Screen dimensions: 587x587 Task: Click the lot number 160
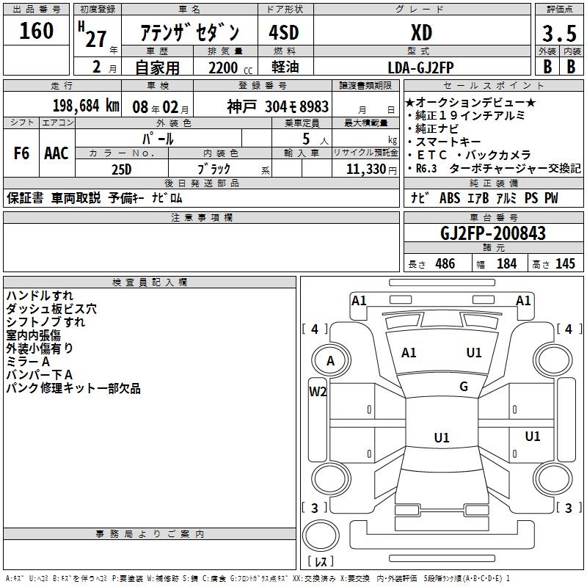pyautogui.click(x=37, y=32)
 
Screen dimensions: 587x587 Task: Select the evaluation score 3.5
pyautogui.click(x=558, y=34)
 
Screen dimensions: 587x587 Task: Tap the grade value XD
pyautogui.click(x=420, y=32)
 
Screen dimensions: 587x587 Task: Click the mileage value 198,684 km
pyautogui.click(x=87, y=105)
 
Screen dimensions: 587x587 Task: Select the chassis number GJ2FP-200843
pyautogui.click(x=493, y=233)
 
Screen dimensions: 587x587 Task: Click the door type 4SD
pyautogui.click(x=283, y=32)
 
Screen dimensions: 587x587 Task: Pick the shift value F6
pyautogui.click(x=21, y=153)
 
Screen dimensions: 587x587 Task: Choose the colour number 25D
pyautogui.click(x=121, y=168)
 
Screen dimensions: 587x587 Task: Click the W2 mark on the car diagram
pyautogui.click(x=318, y=391)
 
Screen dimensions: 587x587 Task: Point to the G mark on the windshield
pyautogui.click(x=464, y=387)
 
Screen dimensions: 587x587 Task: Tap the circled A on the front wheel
pyautogui.click(x=330, y=360)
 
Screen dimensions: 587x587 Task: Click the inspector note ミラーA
pyautogui.click(x=28, y=362)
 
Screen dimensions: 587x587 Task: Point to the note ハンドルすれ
pyautogui.click(x=40, y=296)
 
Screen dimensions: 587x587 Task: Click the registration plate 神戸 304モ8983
pyautogui.click(x=278, y=106)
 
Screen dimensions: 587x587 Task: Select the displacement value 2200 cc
pyautogui.click(x=225, y=68)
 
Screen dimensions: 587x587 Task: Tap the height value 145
pyautogui.click(x=565, y=263)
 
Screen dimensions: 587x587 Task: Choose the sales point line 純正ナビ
pyautogui.click(x=437, y=128)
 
